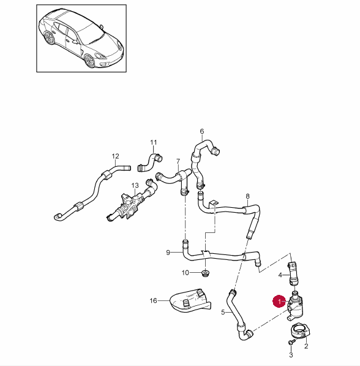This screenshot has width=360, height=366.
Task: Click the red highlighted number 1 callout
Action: coord(280,302)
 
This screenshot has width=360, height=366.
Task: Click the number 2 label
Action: coord(306,346)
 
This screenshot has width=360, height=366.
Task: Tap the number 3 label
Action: coord(291,355)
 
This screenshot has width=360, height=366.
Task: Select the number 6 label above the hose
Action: coord(202,131)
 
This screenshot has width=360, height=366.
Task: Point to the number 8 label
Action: coord(247,196)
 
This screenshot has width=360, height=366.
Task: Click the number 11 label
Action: coord(154,142)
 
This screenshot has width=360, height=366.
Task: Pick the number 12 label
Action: coord(116,156)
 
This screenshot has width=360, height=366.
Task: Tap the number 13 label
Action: coord(135,185)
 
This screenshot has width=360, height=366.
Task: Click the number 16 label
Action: coord(153,300)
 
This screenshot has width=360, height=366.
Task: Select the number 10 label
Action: coord(185,273)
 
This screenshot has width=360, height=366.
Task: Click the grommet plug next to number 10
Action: coord(205,273)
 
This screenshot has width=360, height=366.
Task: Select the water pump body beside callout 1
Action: coord(295,307)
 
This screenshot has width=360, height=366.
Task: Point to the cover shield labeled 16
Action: coord(190,300)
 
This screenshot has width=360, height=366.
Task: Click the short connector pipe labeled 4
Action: coord(293,273)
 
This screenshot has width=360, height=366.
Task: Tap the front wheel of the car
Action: coord(89,61)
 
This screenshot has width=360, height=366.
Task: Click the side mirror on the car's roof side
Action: coord(102,26)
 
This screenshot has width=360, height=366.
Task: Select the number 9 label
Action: coord(168,253)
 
